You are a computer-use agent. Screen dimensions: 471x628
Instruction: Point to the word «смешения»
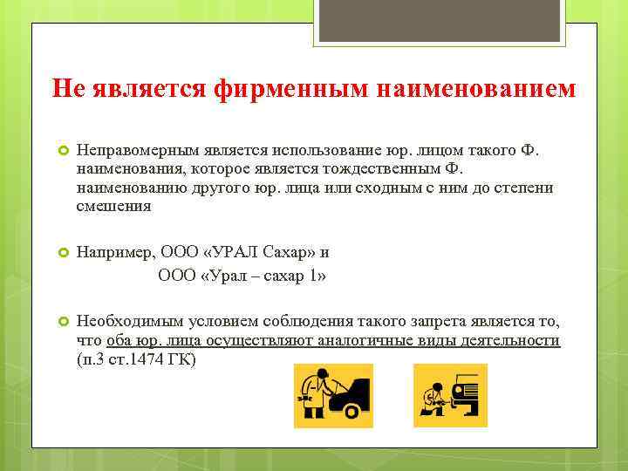113,207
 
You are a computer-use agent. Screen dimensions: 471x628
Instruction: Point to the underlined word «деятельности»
513,340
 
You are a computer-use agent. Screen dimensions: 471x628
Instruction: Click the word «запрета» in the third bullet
372,322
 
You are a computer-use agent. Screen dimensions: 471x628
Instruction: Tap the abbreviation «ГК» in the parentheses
184,358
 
